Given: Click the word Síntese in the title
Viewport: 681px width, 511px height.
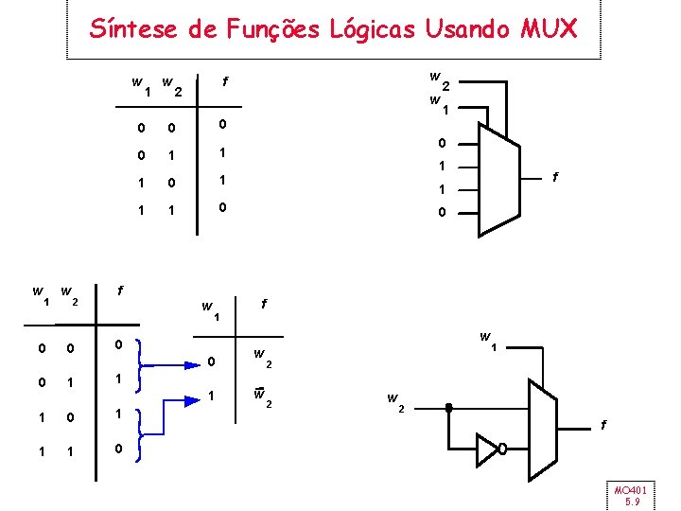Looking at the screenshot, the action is click(x=132, y=29).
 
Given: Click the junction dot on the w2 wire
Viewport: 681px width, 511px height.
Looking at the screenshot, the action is click(x=448, y=409).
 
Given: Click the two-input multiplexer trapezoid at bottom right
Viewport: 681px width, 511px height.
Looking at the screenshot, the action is click(x=545, y=417).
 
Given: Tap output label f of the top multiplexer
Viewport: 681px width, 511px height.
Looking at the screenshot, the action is click(x=556, y=177).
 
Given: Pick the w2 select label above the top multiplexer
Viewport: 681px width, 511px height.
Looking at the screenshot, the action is click(x=437, y=79).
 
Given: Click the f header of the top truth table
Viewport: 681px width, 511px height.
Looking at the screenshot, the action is click(x=224, y=81).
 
